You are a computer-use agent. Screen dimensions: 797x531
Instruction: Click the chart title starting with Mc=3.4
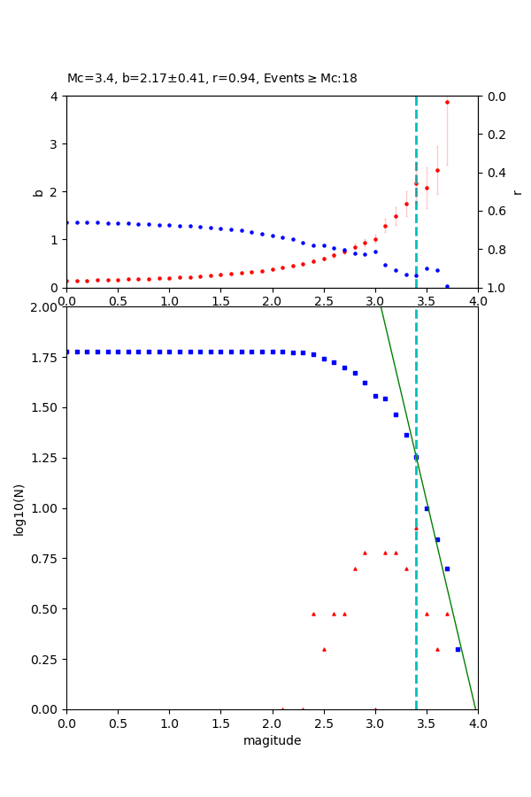tap(212, 79)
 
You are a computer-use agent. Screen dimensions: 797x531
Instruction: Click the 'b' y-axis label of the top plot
tap(38, 191)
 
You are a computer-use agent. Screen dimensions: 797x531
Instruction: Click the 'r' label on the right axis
tap(517, 191)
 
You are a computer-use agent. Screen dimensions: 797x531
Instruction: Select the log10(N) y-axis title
tap(19, 508)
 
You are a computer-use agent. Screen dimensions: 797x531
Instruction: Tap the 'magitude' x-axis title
tap(272, 740)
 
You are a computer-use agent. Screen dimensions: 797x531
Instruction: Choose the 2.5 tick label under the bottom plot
tap(323, 722)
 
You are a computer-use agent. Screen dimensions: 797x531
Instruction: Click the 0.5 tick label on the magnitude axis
tap(118, 722)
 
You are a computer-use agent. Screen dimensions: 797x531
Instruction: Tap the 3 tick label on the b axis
tap(55, 143)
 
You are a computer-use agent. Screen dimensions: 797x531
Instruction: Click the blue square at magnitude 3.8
tap(458, 649)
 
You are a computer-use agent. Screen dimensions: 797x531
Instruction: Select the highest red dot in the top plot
tap(447, 102)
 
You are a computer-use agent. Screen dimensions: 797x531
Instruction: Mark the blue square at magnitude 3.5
tap(427, 508)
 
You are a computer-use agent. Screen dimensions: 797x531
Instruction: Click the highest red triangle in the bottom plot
tap(416, 529)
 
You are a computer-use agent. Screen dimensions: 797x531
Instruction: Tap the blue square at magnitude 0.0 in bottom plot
tap(66, 352)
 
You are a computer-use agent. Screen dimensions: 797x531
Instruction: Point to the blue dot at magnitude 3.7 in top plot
tap(447, 286)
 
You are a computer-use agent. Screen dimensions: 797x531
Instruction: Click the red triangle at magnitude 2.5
tap(324, 649)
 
